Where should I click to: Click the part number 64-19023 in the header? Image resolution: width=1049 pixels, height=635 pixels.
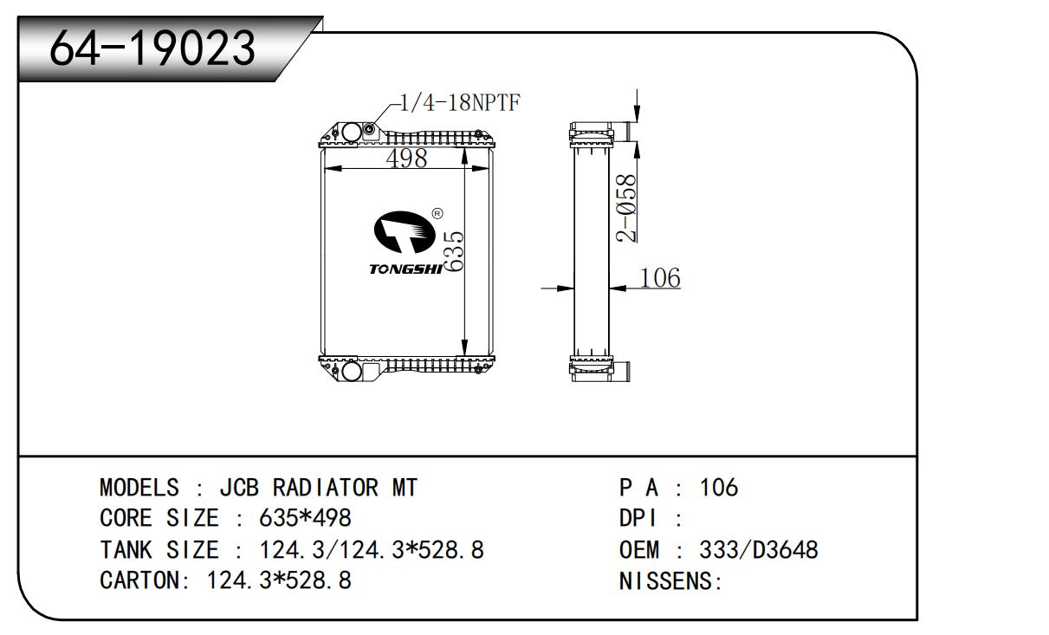tap(152, 49)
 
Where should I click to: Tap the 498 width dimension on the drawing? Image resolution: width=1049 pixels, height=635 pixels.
tap(406, 159)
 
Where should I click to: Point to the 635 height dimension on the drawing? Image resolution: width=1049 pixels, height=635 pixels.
tap(456, 251)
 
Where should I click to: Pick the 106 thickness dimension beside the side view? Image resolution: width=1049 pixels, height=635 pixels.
tap(659, 278)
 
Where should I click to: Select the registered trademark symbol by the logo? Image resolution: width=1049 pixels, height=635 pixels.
tap(437, 212)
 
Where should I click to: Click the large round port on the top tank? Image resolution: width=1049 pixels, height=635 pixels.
tap(351, 133)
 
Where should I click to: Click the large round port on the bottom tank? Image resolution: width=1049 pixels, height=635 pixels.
tap(351, 371)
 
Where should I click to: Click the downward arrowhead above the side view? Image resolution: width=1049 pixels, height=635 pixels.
tap(637, 114)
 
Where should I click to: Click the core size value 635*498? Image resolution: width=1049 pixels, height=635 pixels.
tap(305, 518)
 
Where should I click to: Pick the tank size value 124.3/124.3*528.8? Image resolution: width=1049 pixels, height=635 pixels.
tap(372, 549)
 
